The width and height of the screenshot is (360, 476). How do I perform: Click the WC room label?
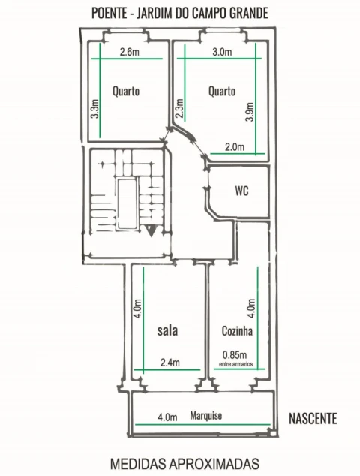[x=241, y=191]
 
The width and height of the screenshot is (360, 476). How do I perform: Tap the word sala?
[x=167, y=330]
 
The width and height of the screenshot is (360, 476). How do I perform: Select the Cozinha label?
[x=237, y=331]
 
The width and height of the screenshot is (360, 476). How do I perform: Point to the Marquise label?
[x=206, y=416]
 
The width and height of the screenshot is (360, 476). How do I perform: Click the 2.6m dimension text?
[x=130, y=52]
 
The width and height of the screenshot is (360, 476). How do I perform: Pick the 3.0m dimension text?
[x=222, y=52]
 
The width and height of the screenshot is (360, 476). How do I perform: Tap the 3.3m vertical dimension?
[x=95, y=108]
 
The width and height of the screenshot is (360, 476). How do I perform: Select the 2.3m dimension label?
[x=179, y=108]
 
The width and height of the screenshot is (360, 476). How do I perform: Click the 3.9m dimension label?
[x=250, y=112]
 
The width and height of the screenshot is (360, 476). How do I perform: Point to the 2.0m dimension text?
[x=235, y=147]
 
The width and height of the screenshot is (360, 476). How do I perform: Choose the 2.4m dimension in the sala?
[x=169, y=363]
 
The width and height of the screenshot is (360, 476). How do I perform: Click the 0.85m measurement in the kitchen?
[x=235, y=354]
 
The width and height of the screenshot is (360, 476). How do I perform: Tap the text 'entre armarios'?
[x=235, y=364]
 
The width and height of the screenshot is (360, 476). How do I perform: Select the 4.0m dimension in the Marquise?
[x=167, y=417]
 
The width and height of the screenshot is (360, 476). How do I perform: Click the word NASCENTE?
[x=313, y=419]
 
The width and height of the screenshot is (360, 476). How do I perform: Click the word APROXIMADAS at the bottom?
[x=214, y=464]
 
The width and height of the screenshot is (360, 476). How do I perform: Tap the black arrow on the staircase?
[x=151, y=230]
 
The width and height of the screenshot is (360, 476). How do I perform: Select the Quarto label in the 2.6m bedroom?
[x=126, y=91]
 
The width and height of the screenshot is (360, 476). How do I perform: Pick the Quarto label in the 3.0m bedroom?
[x=222, y=91]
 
